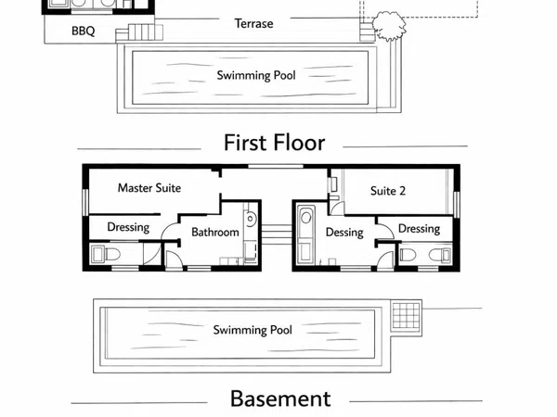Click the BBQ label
click(84, 31)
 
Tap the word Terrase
click(254, 23)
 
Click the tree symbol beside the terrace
click(389, 26)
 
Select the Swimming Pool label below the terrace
click(256, 76)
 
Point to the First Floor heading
click(275, 143)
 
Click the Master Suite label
click(149, 187)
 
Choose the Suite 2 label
click(388, 191)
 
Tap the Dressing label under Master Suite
click(128, 227)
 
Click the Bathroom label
click(215, 233)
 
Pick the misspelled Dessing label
click(344, 233)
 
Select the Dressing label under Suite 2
click(420, 229)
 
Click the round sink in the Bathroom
click(250, 218)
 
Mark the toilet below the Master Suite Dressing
click(106, 254)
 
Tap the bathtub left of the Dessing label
click(305, 234)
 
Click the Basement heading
click(280, 398)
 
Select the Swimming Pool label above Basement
click(253, 330)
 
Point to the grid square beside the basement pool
click(406, 316)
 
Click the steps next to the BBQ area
click(139, 32)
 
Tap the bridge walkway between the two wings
click(277, 234)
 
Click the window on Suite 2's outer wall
click(457, 205)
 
